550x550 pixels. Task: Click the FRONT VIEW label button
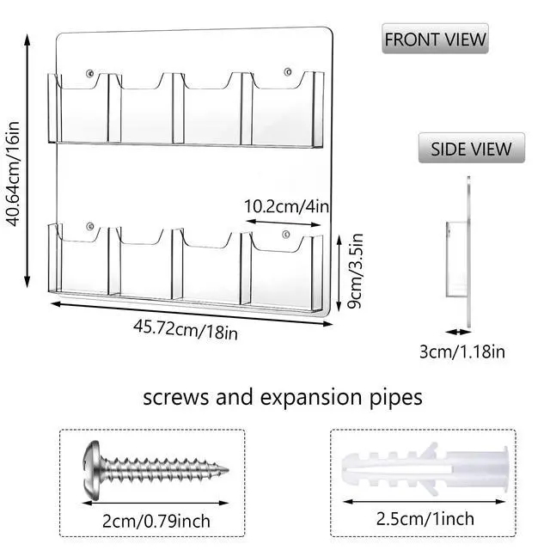click(x=435, y=39)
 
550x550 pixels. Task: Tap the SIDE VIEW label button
click(x=472, y=148)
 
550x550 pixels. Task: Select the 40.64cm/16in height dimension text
click(x=14, y=174)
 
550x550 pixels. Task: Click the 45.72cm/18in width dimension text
click(x=186, y=330)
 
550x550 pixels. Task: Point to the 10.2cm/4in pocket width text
click(x=286, y=206)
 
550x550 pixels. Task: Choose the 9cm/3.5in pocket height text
click(x=354, y=271)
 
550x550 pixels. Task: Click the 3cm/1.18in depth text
click(x=462, y=351)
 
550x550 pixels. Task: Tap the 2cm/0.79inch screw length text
click(x=156, y=521)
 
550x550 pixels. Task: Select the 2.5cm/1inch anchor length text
click(x=425, y=518)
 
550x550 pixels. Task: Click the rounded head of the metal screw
click(x=92, y=470)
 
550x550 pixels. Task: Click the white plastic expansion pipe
click(x=425, y=468)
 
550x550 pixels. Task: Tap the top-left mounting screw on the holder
click(x=89, y=73)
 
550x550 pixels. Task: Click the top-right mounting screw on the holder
click(x=288, y=72)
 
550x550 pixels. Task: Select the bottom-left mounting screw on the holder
click(x=89, y=226)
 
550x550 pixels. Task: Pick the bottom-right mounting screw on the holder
click(x=286, y=234)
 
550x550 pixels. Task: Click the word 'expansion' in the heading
click(x=311, y=398)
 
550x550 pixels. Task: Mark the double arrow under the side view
click(x=458, y=332)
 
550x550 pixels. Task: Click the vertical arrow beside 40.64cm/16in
click(x=27, y=161)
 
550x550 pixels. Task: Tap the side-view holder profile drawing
click(x=459, y=253)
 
